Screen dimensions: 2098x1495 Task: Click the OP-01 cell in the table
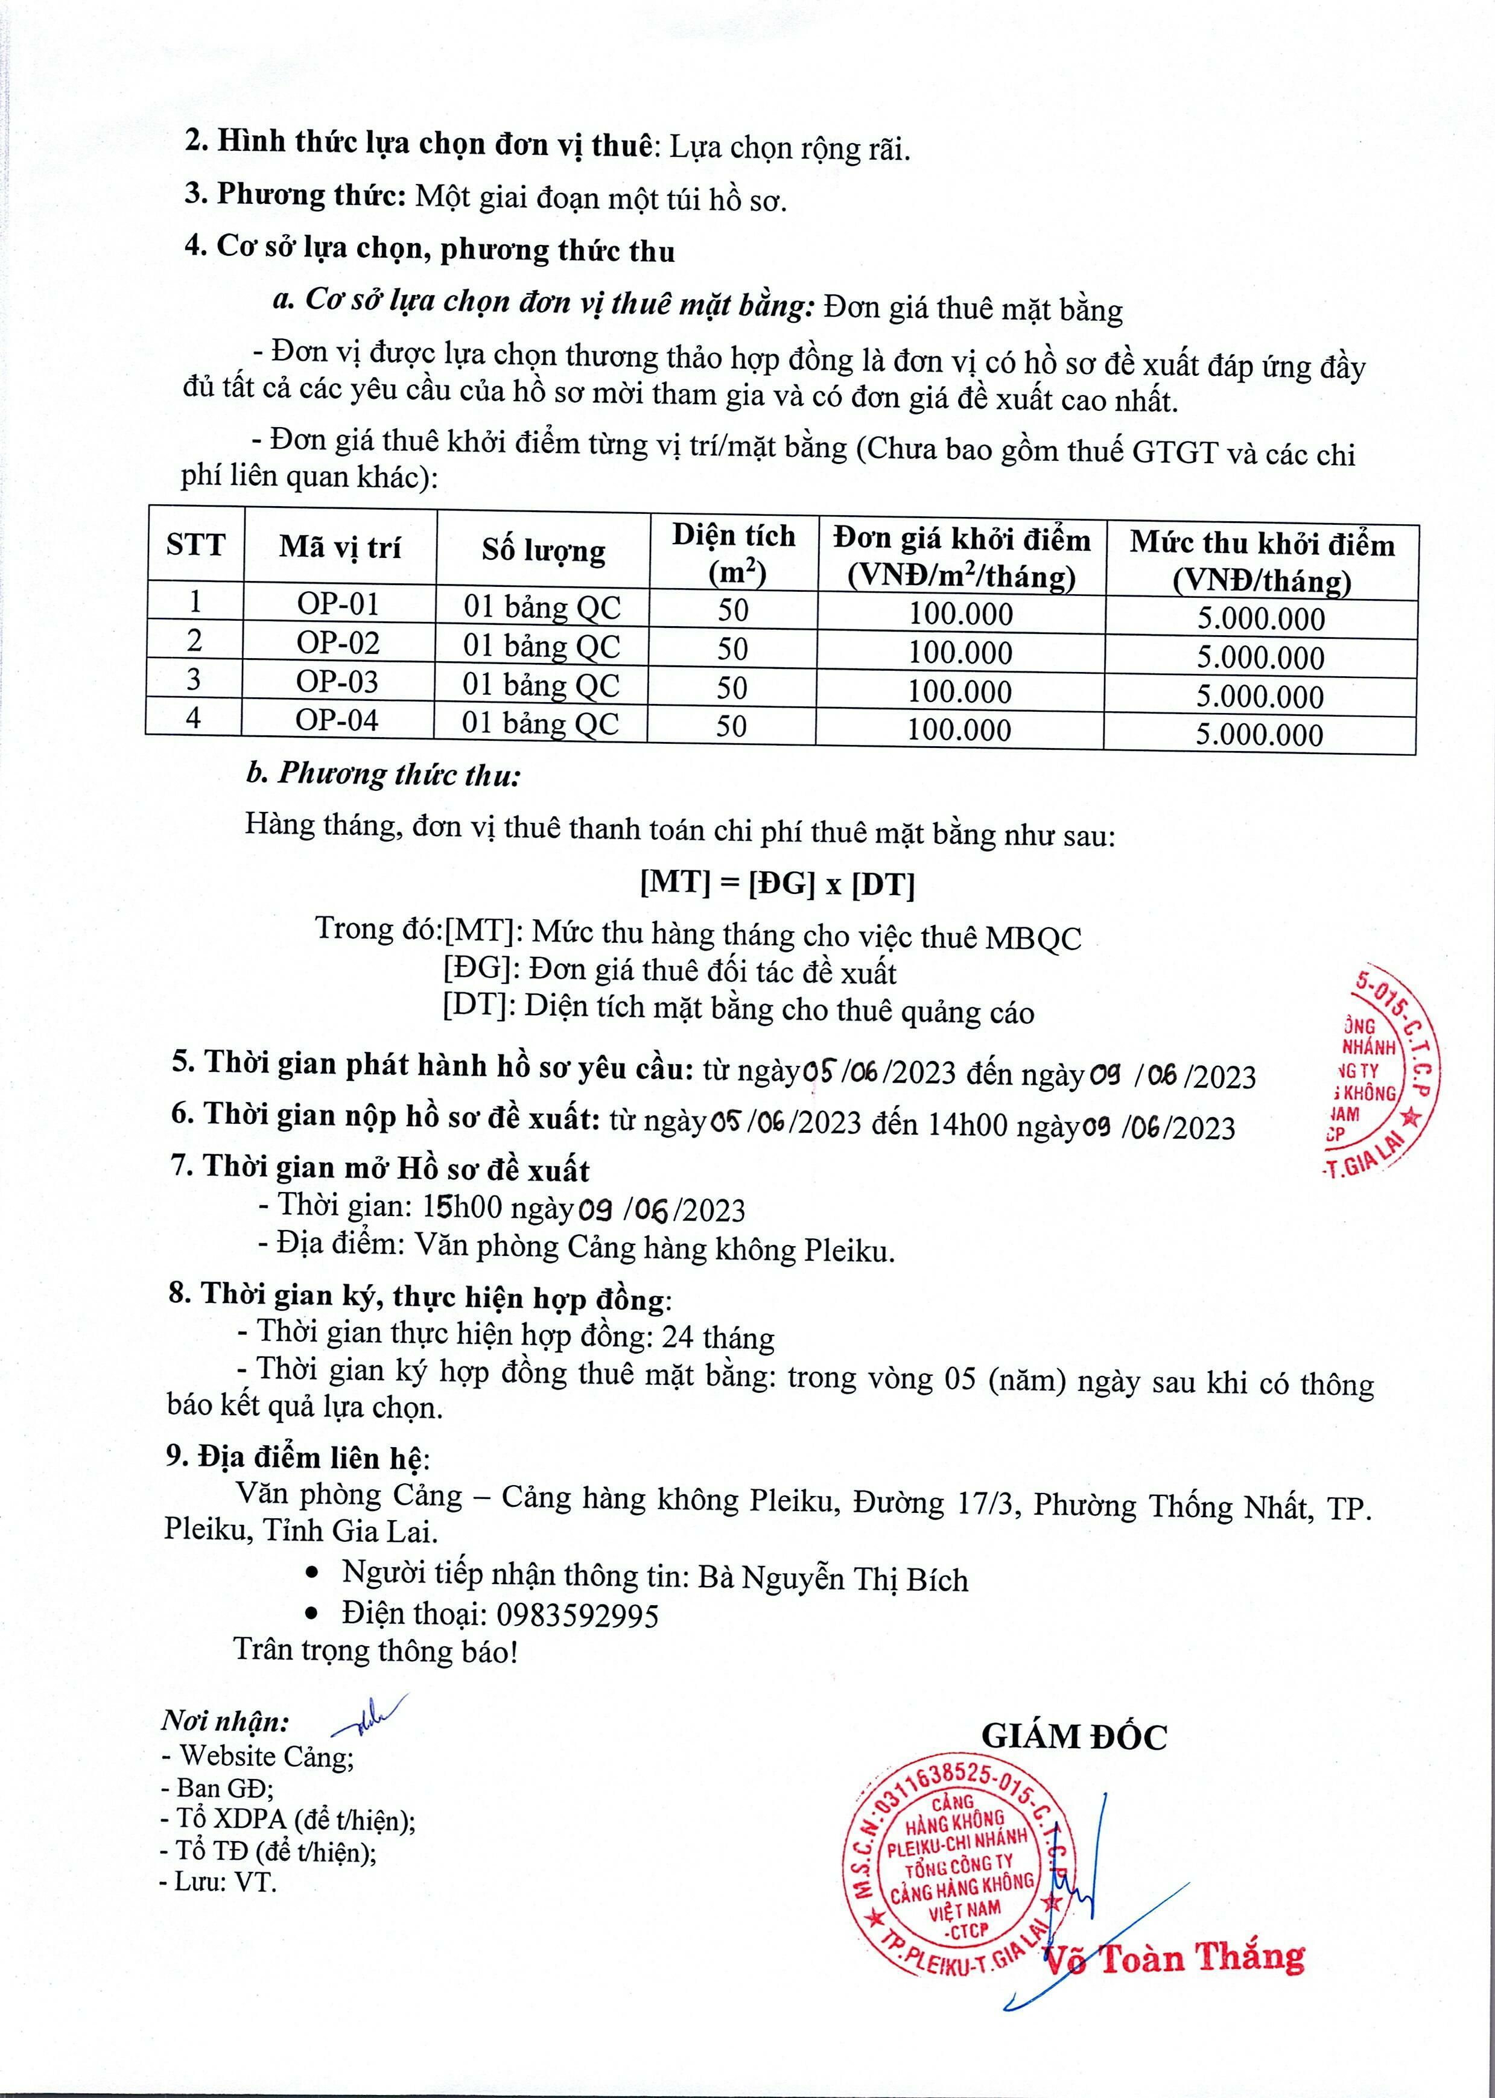[x=338, y=604]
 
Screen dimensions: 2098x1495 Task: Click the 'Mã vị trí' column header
[x=340, y=548]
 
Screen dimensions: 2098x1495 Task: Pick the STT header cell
[x=195, y=545]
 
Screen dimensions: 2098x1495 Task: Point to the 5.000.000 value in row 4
[x=1259, y=734]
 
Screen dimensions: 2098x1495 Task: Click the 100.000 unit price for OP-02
[x=960, y=653]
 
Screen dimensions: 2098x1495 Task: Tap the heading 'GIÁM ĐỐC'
[x=1073, y=1737]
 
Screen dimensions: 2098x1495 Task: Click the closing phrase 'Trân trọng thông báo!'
[x=376, y=1651]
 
